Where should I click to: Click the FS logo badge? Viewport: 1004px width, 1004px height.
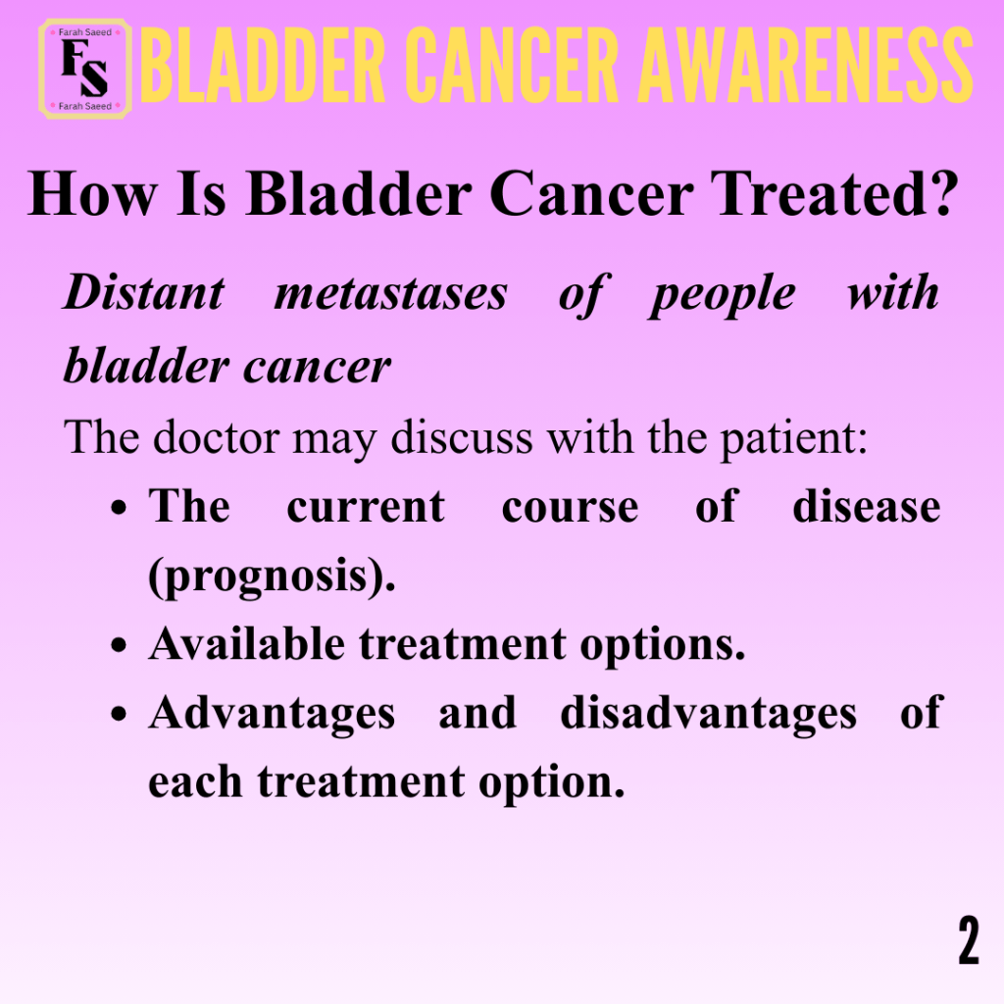pyautogui.click(x=85, y=70)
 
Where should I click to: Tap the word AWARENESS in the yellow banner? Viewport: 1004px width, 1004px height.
pyautogui.click(x=806, y=66)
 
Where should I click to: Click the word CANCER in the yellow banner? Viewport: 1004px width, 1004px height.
pyautogui.click(x=512, y=66)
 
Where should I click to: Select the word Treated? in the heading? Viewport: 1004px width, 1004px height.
pyautogui.click(x=834, y=193)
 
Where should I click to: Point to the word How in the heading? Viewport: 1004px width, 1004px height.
pyautogui.click(x=92, y=193)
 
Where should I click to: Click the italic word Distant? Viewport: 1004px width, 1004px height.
pyautogui.click(x=144, y=293)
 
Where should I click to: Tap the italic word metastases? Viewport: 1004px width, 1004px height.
pyautogui.click(x=390, y=294)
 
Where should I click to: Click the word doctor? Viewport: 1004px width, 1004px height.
pyautogui.click(x=216, y=437)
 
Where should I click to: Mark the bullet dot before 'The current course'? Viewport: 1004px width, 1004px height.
pyautogui.click(x=119, y=509)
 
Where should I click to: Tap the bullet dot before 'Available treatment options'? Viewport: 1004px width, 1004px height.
pyautogui.click(x=119, y=645)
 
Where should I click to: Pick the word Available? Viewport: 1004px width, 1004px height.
pyautogui.click(x=247, y=643)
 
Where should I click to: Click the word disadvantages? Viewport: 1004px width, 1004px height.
pyautogui.click(x=708, y=714)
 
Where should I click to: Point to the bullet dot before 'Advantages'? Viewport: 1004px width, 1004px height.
pyautogui.click(x=119, y=715)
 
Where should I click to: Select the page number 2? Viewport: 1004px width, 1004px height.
pyautogui.click(x=969, y=940)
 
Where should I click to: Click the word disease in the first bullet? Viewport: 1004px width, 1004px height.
pyautogui.click(x=867, y=507)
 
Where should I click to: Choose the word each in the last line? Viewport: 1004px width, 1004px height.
pyautogui.click(x=195, y=781)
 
